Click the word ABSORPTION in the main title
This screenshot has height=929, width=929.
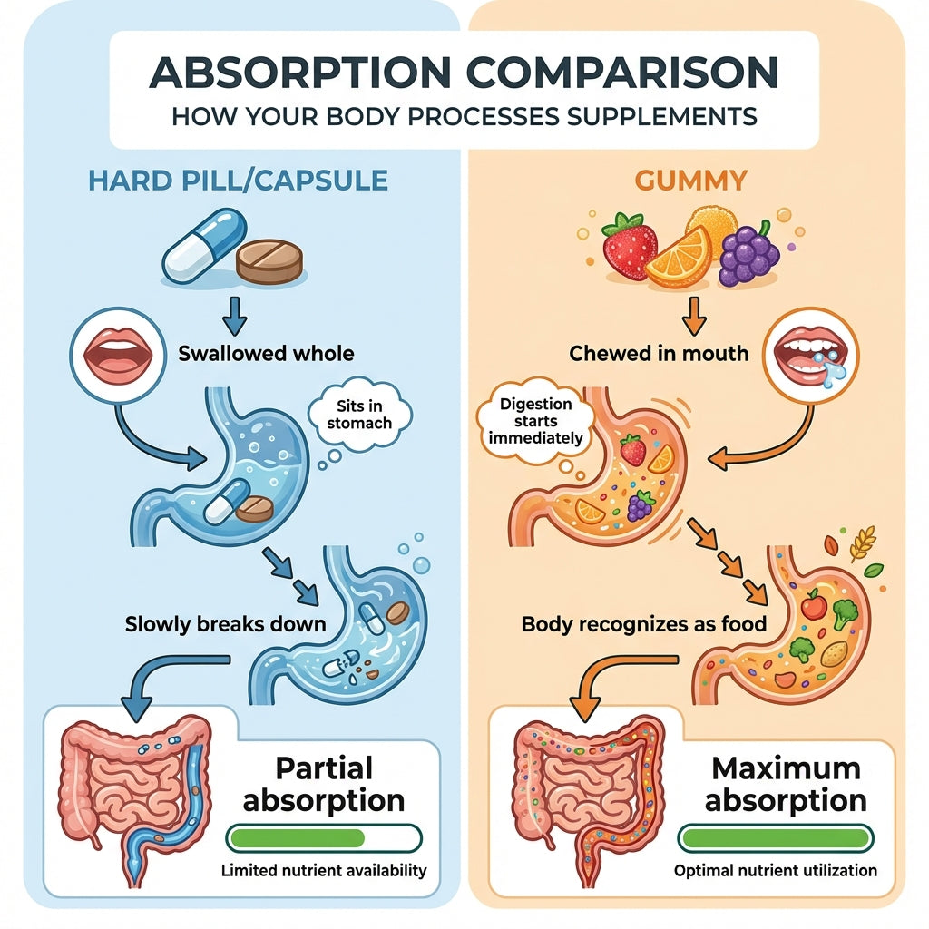point(300,73)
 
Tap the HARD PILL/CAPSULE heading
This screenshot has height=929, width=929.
point(239,181)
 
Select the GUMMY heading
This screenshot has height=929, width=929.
point(690,181)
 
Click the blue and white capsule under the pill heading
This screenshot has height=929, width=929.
point(204,245)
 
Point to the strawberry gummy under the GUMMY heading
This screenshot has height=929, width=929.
point(630,246)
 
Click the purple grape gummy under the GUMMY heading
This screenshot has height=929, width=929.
point(748,254)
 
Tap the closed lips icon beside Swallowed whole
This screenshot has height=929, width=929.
point(119,356)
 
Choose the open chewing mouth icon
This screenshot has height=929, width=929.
point(810,356)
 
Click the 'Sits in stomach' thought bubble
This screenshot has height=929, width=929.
point(359,414)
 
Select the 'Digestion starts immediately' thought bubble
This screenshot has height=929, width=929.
point(535,421)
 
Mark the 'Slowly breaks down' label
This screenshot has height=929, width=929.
point(225,624)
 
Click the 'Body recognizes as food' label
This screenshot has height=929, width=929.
point(644,624)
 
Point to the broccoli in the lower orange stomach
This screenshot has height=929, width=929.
point(845,615)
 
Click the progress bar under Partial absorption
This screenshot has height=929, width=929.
point(324,838)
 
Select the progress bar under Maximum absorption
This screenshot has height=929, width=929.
point(776,838)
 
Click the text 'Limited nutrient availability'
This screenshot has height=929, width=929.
point(324,870)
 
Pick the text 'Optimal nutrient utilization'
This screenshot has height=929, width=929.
point(776,870)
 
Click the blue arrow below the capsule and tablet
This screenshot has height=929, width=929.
point(235,316)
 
